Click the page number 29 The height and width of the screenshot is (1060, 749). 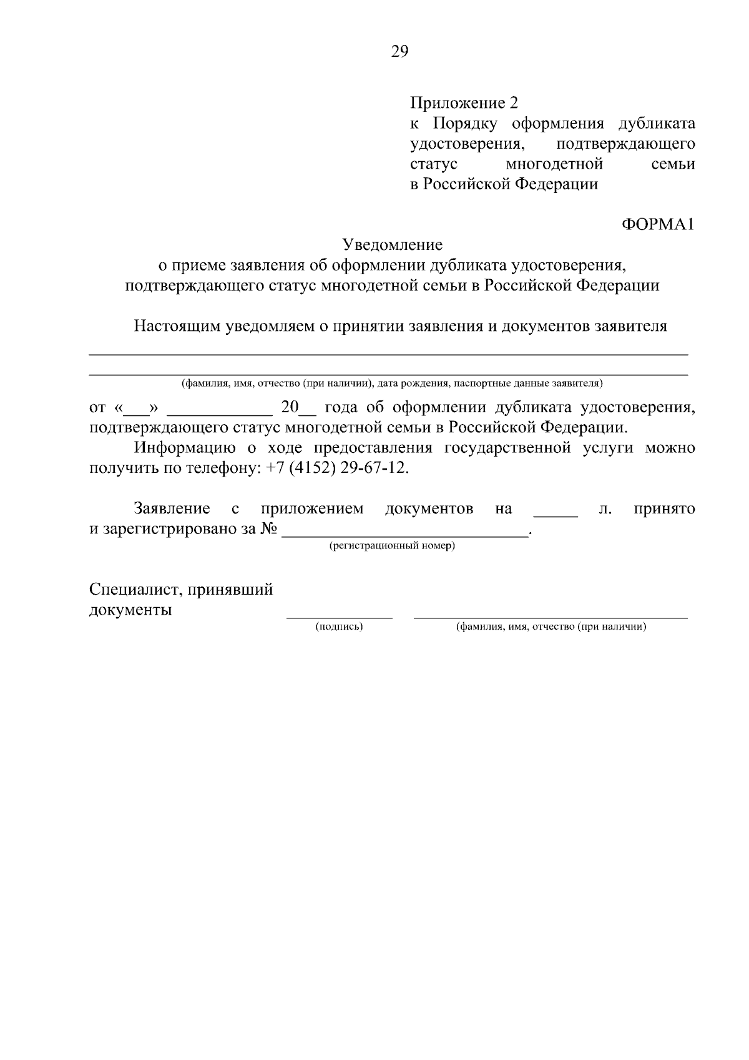pyautogui.click(x=399, y=52)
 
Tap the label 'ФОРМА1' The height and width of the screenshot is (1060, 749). pyautogui.click(x=658, y=225)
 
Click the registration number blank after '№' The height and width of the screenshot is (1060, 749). pyautogui.click(x=405, y=534)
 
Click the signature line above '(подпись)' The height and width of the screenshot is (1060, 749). pyautogui.click(x=340, y=617)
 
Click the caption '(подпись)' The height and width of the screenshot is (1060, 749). pyautogui.click(x=340, y=627)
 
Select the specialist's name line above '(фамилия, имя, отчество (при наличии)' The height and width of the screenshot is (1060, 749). pyautogui.click(x=551, y=617)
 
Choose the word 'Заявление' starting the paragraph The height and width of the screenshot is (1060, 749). pyautogui.click(x=172, y=509)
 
